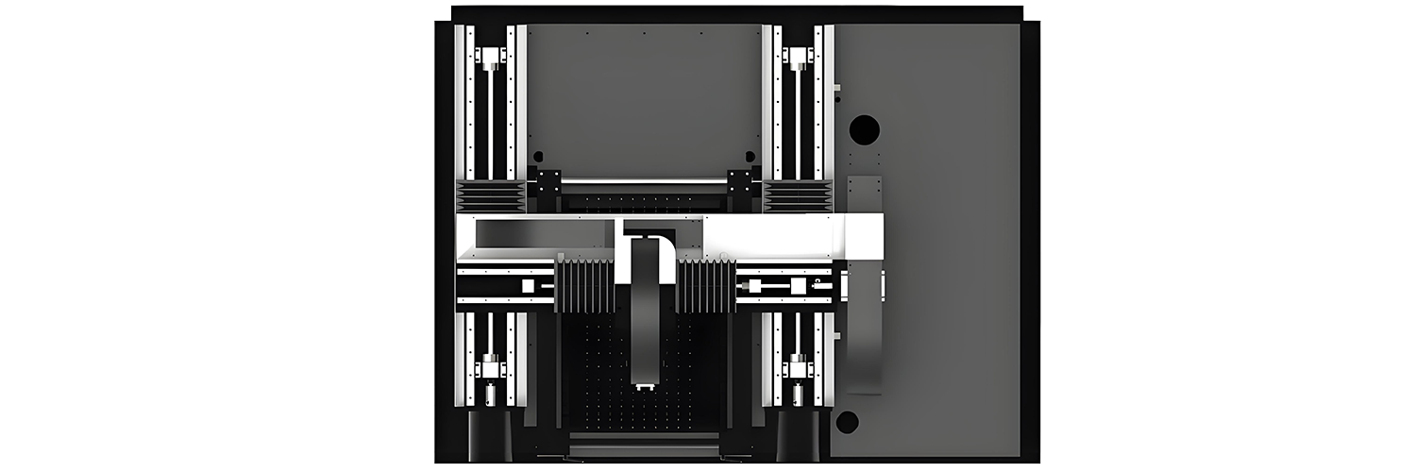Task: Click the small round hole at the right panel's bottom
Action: pyautogui.click(x=847, y=422)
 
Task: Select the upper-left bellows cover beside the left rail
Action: pyautogui.click(x=491, y=196)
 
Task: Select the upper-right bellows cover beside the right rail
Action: pyautogui.click(x=799, y=196)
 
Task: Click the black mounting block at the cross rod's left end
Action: pyautogui.click(x=548, y=182)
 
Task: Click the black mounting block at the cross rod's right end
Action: pyautogui.click(x=741, y=182)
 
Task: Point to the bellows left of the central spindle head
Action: pyautogui.click(x=586, y=285)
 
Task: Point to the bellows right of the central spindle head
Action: pyautogui.click(x=706, y=285)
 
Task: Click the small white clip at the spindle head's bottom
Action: pyautogui.click(x=645, y=387)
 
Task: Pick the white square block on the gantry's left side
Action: pyautogui.click(x=529, y=285)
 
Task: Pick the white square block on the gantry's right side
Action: pyautogui.click(x=799, y=285)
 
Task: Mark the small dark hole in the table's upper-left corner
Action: pyautogui.click(x=538, y=157)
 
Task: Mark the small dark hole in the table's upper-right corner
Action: pyautogui.click(x=750, y=156)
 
